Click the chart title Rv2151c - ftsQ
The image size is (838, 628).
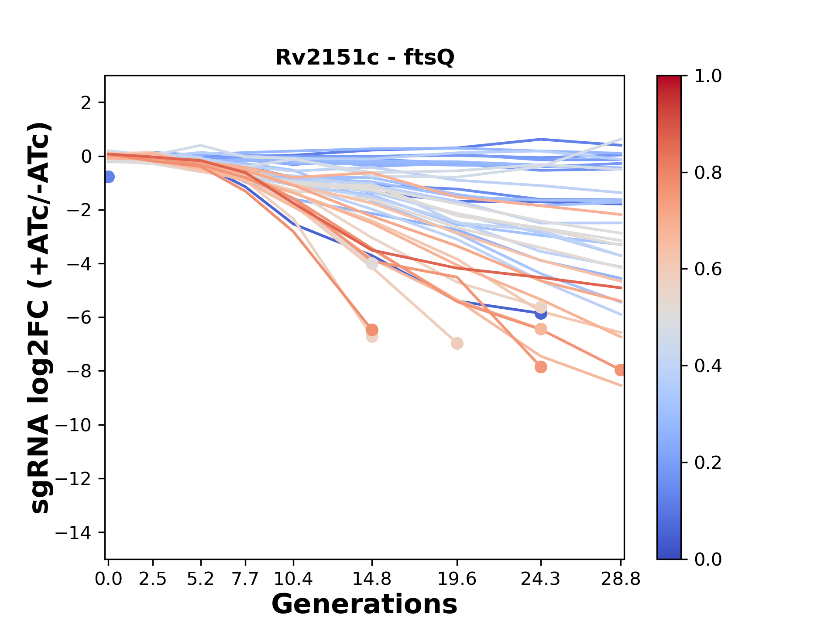point(365,58)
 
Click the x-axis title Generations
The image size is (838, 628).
point(364,604)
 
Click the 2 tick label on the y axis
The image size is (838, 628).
point(86,103)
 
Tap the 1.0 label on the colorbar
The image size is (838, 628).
point(708,76)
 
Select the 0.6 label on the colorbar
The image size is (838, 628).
point(708,270)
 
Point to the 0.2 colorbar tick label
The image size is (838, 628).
point(708,463)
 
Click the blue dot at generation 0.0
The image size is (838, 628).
point(109,177)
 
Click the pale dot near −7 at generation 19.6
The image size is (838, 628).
point(457,344)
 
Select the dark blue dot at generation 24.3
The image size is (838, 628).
point(541,314)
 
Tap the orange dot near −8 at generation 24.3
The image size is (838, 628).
point(541,367)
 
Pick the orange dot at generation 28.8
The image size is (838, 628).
point(620,370)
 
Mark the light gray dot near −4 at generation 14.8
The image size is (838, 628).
point(372,263)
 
